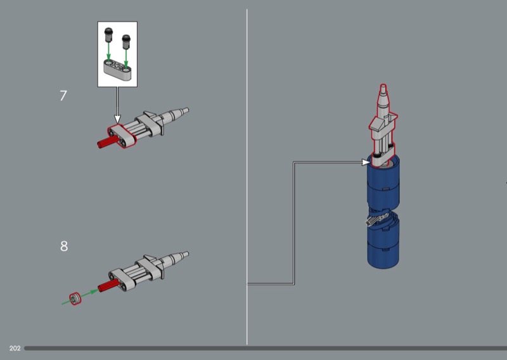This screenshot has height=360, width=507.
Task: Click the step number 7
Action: (63, 96)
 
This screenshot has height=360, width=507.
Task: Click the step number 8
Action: (64, 246)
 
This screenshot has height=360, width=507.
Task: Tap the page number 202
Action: (15, 349)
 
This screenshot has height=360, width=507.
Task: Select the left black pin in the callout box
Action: (108, 35)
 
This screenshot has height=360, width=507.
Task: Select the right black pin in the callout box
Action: (125, 41)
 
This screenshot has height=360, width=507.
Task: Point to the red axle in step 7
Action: (108, 142)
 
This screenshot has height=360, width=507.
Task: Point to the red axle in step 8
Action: (109, 286)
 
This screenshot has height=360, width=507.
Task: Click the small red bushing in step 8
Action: (75, 299)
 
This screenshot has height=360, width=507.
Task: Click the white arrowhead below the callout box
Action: (117, 119)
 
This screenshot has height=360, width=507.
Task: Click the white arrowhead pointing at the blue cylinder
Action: (366, 162)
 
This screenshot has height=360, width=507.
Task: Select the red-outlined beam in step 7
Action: (122, 136)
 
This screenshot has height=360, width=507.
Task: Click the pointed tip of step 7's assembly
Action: (188, 110)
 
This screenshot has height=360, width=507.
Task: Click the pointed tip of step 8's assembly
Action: (188, 254)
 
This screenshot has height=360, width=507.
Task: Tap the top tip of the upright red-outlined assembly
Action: (383, 86)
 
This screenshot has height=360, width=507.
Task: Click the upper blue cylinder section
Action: (383, 184)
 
